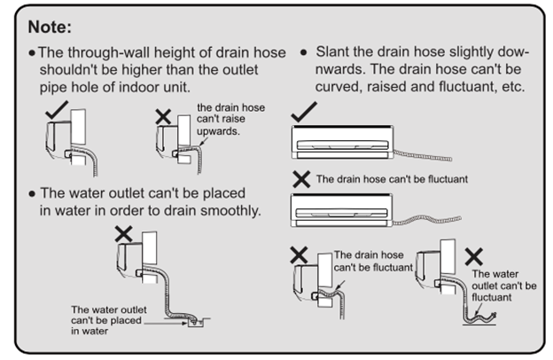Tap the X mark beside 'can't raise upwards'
point(162,115)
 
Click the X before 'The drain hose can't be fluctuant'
point(302,179)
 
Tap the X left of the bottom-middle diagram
point(299,255)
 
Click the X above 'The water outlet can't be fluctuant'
point(473,256)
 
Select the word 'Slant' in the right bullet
point(336,53)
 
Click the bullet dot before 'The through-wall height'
point(32,53)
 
